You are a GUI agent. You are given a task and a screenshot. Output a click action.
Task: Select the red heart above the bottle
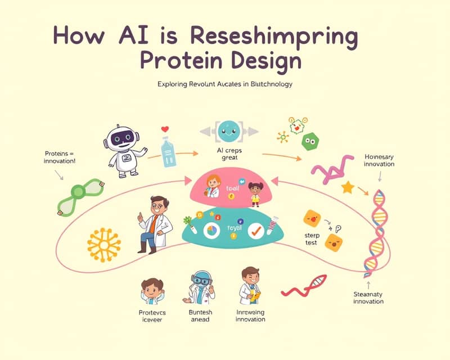(165, 129)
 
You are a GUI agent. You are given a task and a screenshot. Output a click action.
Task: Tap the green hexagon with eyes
(309, 141)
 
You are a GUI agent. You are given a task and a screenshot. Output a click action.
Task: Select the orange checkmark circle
(256, 231)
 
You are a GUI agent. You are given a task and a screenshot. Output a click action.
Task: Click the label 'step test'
(310, 238)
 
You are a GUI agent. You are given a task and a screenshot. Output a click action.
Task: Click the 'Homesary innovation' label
(379, 160)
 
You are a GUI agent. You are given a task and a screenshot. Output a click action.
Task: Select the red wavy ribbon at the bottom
(304, 285)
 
